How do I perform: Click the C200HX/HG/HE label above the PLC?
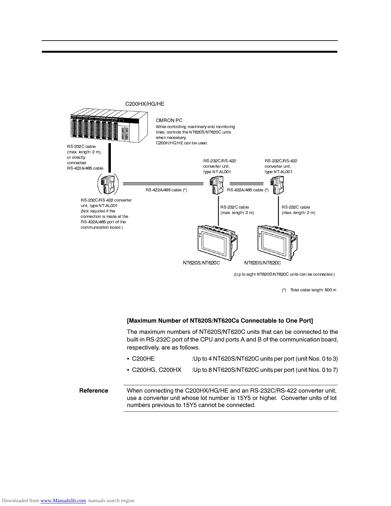coord(145,104)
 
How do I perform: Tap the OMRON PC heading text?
coord(169,120)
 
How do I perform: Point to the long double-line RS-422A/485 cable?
coord(163,184)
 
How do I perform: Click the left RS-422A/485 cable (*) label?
coord(166,190)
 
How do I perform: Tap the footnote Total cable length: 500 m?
coord(313,290)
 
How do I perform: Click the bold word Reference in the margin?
coord(94,391)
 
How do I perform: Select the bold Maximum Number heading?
coord(220,321)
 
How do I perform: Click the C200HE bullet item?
coord(143,359)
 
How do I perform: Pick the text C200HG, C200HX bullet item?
coord(157,370)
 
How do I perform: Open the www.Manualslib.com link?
coord(63,501)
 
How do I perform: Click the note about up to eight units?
coord(284,274)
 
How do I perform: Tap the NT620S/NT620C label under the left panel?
coord(201,263)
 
